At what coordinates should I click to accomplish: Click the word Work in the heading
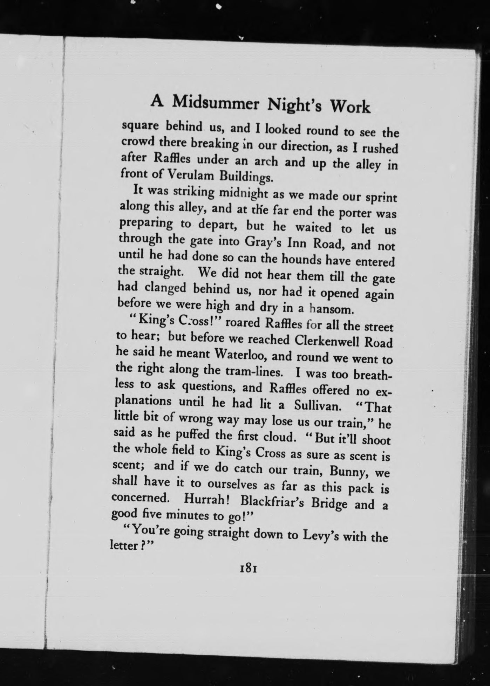351,106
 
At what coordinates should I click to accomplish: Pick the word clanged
165,288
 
